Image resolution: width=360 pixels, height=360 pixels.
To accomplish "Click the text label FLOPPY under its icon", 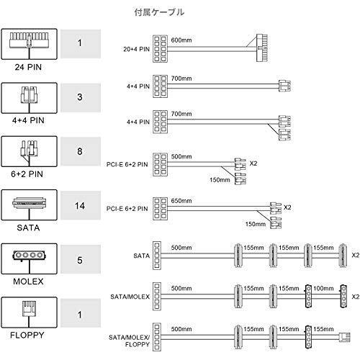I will click(x=27, y=335).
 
